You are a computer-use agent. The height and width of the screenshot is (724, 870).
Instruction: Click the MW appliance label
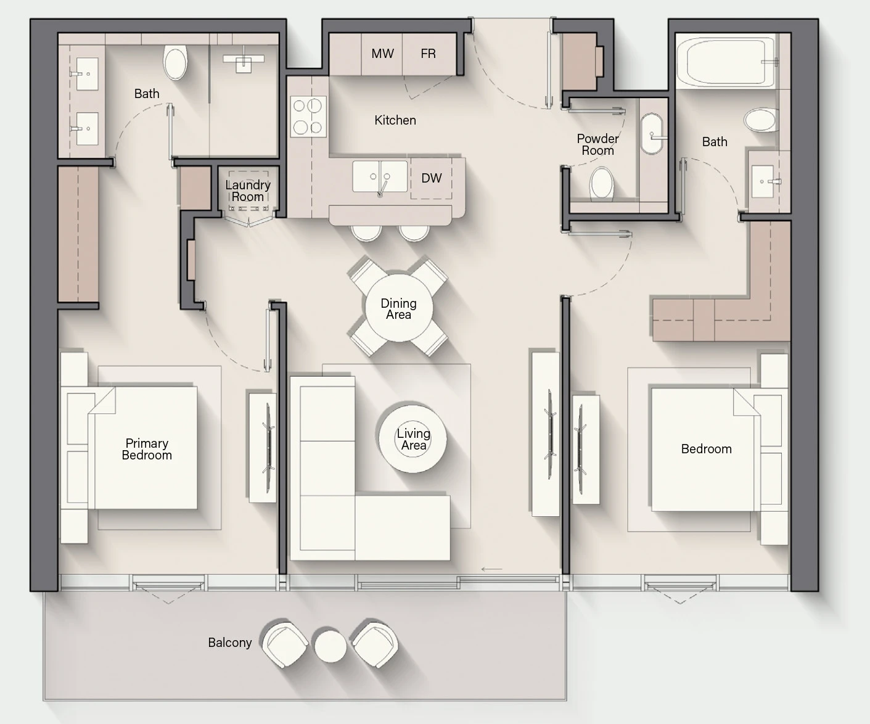click(382, 54)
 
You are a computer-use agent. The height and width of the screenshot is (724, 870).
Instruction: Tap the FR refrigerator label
click(429, 54)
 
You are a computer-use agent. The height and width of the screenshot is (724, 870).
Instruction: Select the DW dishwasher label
click(431, 178)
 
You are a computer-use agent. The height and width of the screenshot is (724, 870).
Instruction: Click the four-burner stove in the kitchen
click(308, 117)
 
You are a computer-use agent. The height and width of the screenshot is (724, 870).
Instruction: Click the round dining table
click(399, 308)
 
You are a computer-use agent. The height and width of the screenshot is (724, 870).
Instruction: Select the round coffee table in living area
click(412, 439)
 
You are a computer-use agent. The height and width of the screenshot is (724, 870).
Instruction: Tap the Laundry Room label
click(248, 191)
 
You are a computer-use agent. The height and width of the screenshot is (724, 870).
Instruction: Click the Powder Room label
click(597, 144)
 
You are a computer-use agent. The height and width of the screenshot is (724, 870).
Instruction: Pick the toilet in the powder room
click(602, 183)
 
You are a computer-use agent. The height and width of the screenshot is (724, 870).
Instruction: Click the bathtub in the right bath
click(726, 61)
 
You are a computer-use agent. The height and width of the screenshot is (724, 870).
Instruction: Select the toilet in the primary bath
click(175, 62)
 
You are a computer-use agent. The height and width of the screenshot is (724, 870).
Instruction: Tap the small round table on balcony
click(330, 646)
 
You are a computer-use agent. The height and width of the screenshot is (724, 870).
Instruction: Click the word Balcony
click(230, 643)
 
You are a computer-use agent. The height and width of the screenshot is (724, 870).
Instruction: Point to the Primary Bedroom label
click(147, 449)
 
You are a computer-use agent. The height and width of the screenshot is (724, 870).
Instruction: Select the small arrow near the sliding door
click(491, 569)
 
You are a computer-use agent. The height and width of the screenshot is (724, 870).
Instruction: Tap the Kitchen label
click(395, 120)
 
